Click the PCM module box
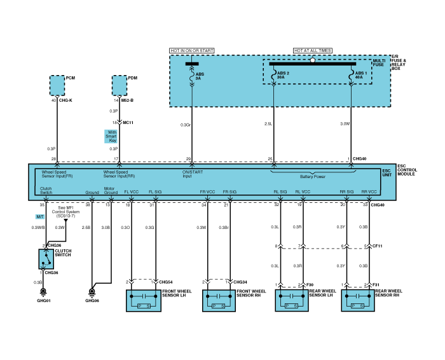tap(57, 84)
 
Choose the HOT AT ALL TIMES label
tap(311, 50)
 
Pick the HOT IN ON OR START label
tap(191, 50)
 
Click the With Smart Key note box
tap(112, 136)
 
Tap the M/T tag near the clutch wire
tap(40, 217)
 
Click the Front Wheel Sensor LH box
tap(145, 300)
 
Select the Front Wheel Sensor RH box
tap(219, 300)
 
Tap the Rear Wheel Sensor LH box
tap(292, 300)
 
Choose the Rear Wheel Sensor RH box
tap(358, 300)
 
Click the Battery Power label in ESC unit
tap(313, 177)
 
